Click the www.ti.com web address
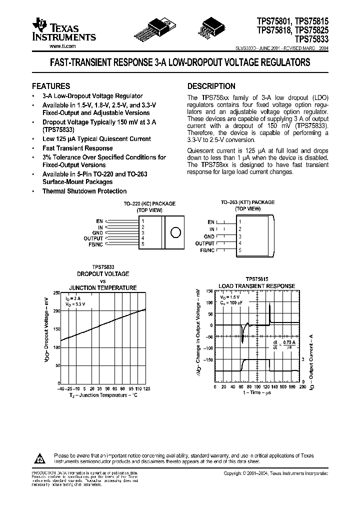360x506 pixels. (x=63, y=46)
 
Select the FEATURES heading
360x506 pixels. (x=51, y=86)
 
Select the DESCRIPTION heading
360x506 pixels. (x=211, y=86)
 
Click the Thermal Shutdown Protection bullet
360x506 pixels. (x=84, y=191)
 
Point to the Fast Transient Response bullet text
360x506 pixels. (x=77, y=148)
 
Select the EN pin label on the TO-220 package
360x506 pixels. (x=100, y=220)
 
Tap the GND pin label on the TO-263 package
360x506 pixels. (x=209, y=236)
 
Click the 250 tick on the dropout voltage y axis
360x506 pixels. (x=56, y=292)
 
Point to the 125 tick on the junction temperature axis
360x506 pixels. (x=146, y=388)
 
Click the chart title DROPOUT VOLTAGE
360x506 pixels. (x=102, y=273)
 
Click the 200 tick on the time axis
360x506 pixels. (x=302, y=387)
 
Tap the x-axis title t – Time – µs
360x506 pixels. (x=257, y=393)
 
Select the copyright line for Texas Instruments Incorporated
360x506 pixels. (x=275, y=473)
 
